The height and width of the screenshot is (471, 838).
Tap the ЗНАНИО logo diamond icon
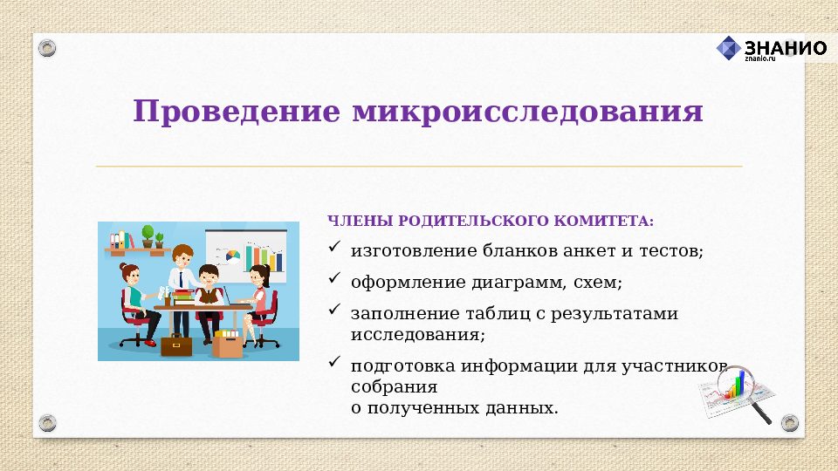click(728, 48)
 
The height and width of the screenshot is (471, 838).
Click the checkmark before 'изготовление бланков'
click(334, 249)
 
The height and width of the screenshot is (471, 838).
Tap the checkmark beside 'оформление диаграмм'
click(334, 280)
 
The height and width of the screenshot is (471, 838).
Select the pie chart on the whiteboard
click(233, 255)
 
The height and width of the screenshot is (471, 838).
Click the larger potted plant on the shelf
click(148, 235)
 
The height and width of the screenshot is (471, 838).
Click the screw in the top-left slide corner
click(47, 47)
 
